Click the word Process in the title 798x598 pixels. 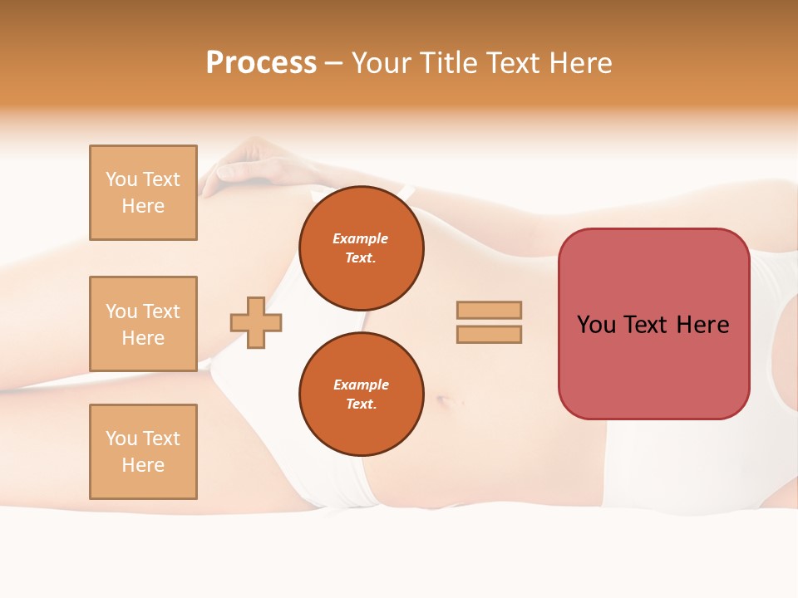coord(261,63)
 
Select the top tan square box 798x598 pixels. coord(143,193)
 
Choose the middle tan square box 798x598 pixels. coord(143,324)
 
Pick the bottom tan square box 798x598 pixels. coord(143,452)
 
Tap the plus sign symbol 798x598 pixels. coord(256,321)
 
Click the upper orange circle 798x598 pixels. coord(361,248)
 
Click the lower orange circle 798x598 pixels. coord(361,395)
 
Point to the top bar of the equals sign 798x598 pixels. coord(489,311)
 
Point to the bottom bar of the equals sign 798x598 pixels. coord(489,334)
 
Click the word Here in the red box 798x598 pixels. coord(702,325)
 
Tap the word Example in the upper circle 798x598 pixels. coord(360,238)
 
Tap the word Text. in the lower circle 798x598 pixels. coord(361,404)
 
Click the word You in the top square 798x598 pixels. coord(121,179)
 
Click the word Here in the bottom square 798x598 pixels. coord(143,465)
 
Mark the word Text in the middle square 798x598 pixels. coord(161,311)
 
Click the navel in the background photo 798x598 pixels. coord(444,401)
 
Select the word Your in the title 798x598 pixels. coord(385,63)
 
